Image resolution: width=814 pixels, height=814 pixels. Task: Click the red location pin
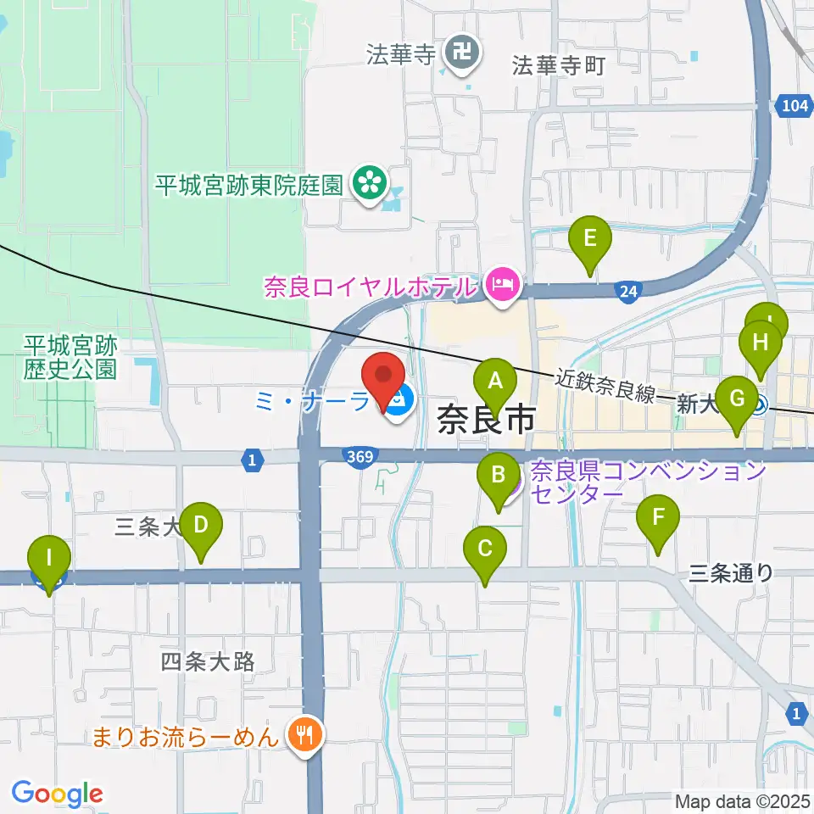pyautogui.click(x=383, y=379)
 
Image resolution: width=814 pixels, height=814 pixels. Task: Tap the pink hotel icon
pyautogui.click(x=503, y=287)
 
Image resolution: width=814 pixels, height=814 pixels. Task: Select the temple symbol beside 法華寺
pyautogui.click(x=464, y=54)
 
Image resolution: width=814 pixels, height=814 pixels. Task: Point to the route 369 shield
pyautogui.click(x=359, y=457)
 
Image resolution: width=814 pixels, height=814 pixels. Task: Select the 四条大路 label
pyautogui.click(x=208, y=661)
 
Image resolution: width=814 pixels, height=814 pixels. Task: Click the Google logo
pyautogui.click(x=56, y=794)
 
